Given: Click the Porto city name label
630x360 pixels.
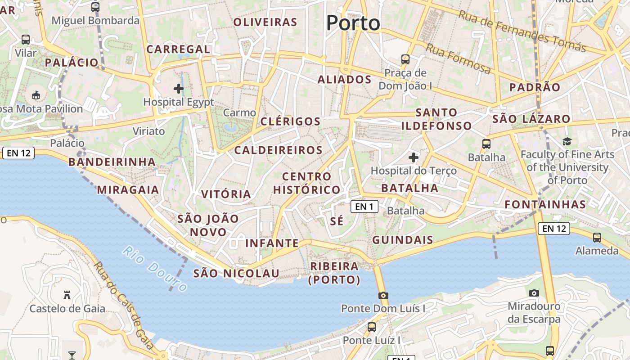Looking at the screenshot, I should [353, 22].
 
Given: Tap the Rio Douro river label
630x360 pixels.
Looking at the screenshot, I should [154, 269].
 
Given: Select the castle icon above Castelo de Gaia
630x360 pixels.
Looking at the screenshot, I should [67, 295].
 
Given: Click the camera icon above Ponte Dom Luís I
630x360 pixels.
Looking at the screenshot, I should [383, 295].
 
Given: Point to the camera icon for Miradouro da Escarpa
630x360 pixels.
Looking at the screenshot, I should [534, 293].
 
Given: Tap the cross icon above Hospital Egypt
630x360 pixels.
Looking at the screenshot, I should [179, 88].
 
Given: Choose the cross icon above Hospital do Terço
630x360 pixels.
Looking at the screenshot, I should [413, 157].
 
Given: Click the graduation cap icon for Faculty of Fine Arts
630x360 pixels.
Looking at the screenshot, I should [567, 141].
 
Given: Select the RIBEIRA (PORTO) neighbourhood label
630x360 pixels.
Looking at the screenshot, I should [334, 273].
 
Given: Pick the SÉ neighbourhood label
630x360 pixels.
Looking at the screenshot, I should [337, 221].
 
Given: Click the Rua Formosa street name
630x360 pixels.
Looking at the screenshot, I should [458, 58].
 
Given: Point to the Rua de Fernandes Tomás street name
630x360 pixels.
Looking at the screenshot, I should [522, 31].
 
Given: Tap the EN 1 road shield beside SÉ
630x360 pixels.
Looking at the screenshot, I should [364, 207].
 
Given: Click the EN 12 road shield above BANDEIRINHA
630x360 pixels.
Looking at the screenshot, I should [18, 153].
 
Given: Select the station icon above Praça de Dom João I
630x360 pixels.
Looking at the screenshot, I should [405, 59].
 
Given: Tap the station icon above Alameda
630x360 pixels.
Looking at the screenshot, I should [597, 237].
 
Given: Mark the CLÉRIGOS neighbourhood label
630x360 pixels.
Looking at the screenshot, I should [290, 121].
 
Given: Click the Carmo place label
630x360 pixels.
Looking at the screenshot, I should [239, 112].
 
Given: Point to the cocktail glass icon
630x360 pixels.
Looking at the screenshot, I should [72, 355].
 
